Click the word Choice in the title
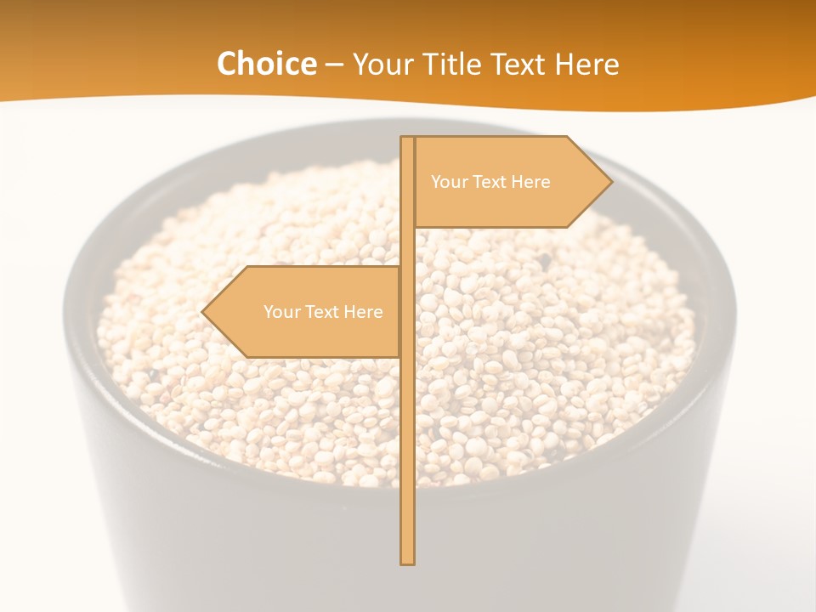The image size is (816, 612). click(266, 64)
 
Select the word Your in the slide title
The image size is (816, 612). click(381, 64)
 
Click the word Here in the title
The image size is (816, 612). click(586, 64)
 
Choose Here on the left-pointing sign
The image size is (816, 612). click(363, 312)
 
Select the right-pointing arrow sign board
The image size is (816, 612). click(501, 204)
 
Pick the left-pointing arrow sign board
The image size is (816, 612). click(306, 336)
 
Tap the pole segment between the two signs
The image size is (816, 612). click(408, 247)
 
